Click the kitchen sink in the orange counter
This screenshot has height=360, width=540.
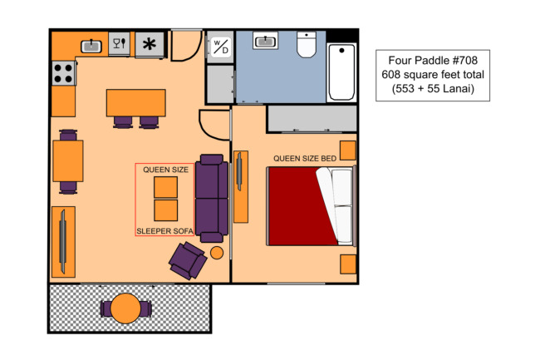click(91, 47)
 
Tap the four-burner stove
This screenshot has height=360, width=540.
click(64, 73)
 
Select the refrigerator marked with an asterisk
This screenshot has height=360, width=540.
click(150, 44)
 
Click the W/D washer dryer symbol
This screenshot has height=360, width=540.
click(220, 47)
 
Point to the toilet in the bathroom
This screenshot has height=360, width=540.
click(307, 45)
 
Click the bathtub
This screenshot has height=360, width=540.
click(341, 72)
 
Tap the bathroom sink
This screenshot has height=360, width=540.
click(265, 41)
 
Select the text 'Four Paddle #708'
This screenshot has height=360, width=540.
click(433, 61)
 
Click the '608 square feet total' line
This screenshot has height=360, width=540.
click(433, 75)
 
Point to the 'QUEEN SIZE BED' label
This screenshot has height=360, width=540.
click(305, 159)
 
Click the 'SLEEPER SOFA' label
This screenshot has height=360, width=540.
click(164, 231)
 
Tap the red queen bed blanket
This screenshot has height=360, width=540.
click(300, 206)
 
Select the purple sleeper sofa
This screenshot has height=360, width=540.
click(212, 199)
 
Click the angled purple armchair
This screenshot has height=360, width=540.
click(188, 260)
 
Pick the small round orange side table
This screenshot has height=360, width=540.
click(217, 253)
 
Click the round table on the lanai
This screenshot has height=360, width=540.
click(125, 308)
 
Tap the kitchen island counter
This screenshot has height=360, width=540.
click(136, 103)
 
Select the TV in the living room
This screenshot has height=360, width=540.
click(62, 241)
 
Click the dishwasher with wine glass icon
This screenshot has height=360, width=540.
click(119, 44)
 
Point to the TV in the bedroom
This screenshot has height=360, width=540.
click(239, 171)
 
